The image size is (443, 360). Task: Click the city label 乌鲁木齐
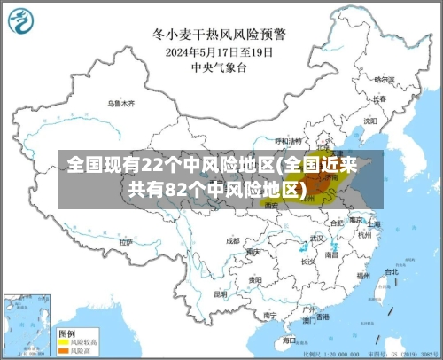tap(121, 104)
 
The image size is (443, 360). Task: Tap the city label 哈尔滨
tap(385, 79)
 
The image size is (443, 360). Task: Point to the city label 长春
tap(379, 98)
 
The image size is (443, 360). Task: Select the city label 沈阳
tap(369, 119)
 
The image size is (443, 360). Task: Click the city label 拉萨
tap(126, 241)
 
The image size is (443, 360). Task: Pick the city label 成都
tap(232, 239)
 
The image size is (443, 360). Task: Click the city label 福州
tap(362, 275)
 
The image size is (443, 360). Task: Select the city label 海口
tap(290, 339)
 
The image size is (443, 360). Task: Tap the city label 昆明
tap(221, 293)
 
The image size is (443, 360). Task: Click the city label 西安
tap(271, 205)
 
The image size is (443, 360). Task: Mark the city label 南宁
tap(270, 314)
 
